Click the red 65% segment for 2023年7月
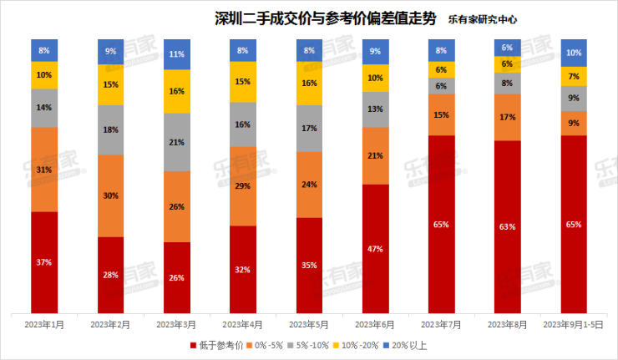(x=442, y=224)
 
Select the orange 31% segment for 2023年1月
(x=44, y=170)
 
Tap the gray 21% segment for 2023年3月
(x=177, y=142)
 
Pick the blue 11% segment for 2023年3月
(x=177, y=54)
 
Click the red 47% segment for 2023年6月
(x=376, y=248)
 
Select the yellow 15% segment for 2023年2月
(x=111, y=84)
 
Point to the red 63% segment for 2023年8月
(x=508, y=226)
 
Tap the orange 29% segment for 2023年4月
(x=243, y=185)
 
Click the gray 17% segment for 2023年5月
(x=310, y=129)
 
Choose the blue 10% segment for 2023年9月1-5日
(x=574, y=53)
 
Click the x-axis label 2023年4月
(x=243, y=322)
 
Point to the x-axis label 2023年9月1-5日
(x=574, y=322)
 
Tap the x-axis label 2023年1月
(x=44, y=322)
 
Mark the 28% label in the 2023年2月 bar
(x=111, y=275)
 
